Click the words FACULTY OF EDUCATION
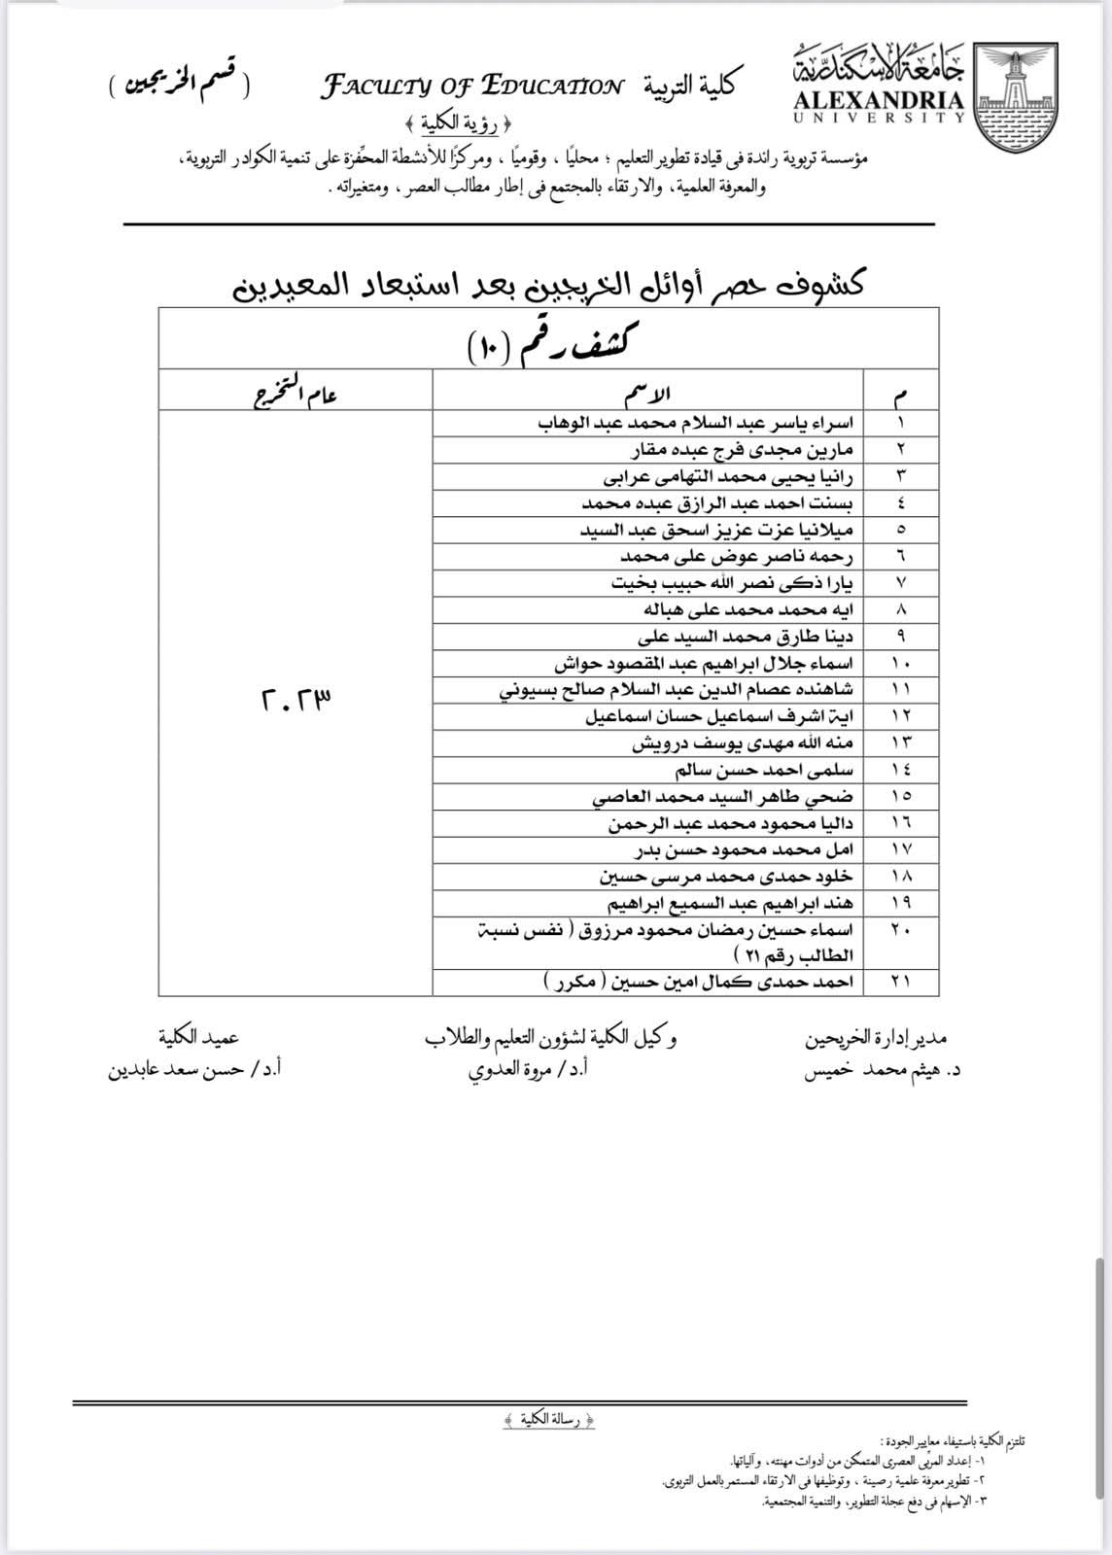(x=472, y=87)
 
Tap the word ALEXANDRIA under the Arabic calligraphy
(x=879, y=100)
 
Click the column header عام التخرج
(x=295, y=394)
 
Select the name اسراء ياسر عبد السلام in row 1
(x=695, y=424)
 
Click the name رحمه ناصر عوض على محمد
(x=737, y=557)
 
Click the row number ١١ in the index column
(x=900, y=690)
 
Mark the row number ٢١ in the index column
(x=900, y=982)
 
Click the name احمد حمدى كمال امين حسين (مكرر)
(x=698, y=982)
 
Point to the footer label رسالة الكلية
(x=550, y=1421)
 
